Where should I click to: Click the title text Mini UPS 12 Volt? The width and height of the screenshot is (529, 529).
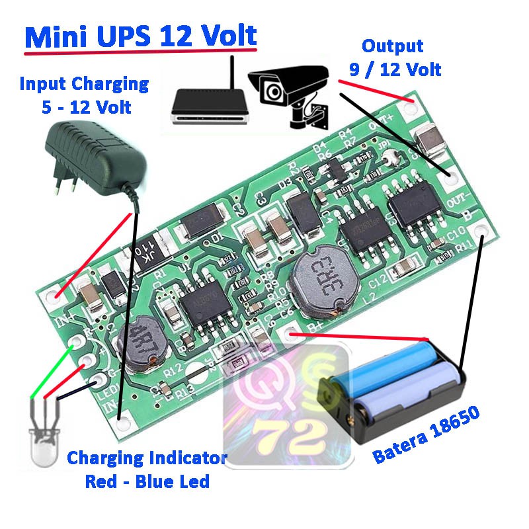[x=140, y=37]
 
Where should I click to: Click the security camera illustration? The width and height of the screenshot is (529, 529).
[x=291, y=92]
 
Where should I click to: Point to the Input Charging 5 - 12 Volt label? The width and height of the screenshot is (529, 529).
[x=84, y=95]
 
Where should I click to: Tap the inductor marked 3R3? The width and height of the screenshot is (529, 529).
[x=325, y=280]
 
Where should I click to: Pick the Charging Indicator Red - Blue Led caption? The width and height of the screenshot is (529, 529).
[x=147, y=469]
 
